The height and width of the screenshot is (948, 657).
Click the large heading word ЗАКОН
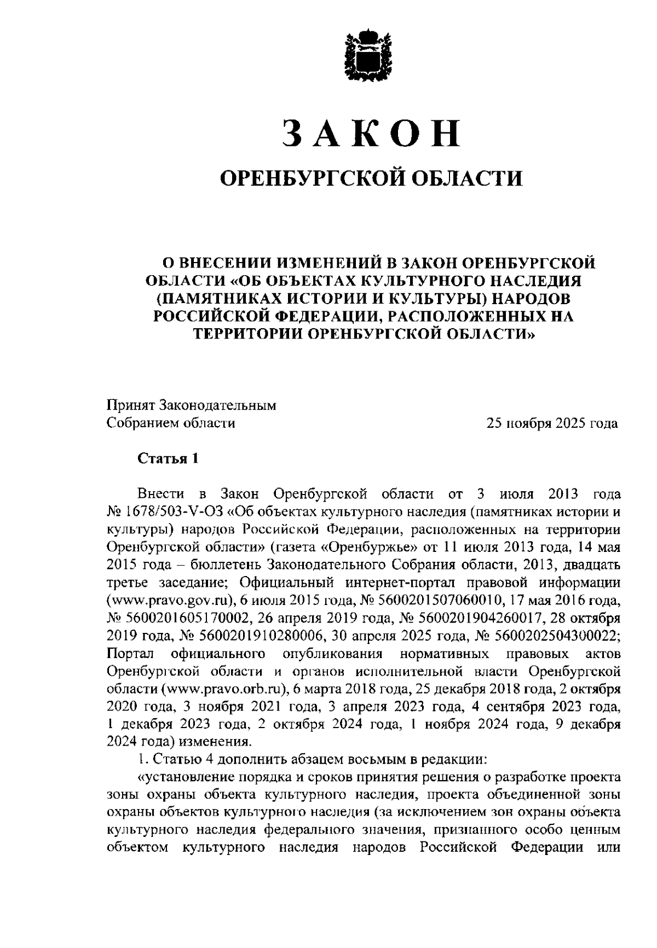(x=371, y=133)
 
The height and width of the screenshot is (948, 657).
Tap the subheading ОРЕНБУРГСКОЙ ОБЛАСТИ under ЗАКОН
(x=371, y=177)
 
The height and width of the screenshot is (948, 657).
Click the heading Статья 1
(x=167, y=458)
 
